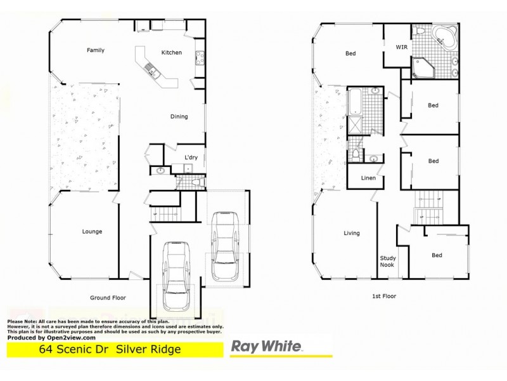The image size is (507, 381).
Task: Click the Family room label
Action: click(96, 50)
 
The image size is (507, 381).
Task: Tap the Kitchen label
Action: click(172, 52)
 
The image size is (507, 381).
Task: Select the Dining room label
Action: click(180, 116)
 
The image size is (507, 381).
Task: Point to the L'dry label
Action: click(191, 157)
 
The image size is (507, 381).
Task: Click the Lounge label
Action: click(92, 232)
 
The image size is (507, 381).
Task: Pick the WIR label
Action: click(401, 47)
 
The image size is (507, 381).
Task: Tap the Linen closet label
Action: click(368, 178)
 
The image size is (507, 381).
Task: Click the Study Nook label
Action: click(387, 261)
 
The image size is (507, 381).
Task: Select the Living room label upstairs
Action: click(352, 233)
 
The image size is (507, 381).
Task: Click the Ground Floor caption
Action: click(108, 297)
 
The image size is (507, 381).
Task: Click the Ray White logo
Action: click(266, 347)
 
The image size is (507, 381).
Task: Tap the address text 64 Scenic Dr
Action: click(69, 349)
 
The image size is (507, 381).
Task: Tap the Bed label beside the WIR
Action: click(350, 54)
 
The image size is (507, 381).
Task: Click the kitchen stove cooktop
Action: click(200, 58)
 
